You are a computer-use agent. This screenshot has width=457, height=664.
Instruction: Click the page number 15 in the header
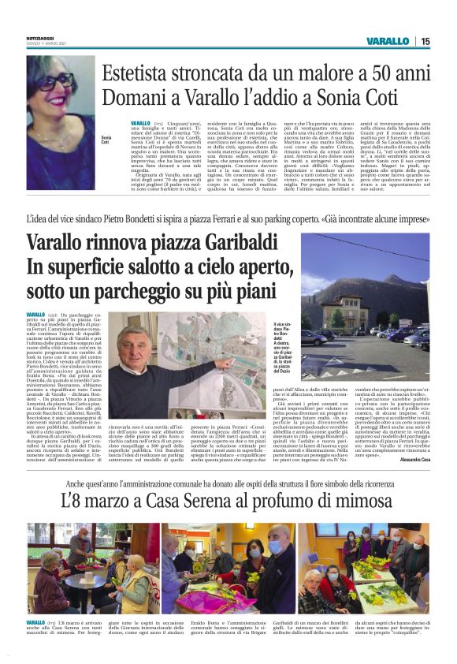coord(425,41)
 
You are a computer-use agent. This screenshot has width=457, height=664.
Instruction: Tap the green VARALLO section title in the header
coord(388,41)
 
